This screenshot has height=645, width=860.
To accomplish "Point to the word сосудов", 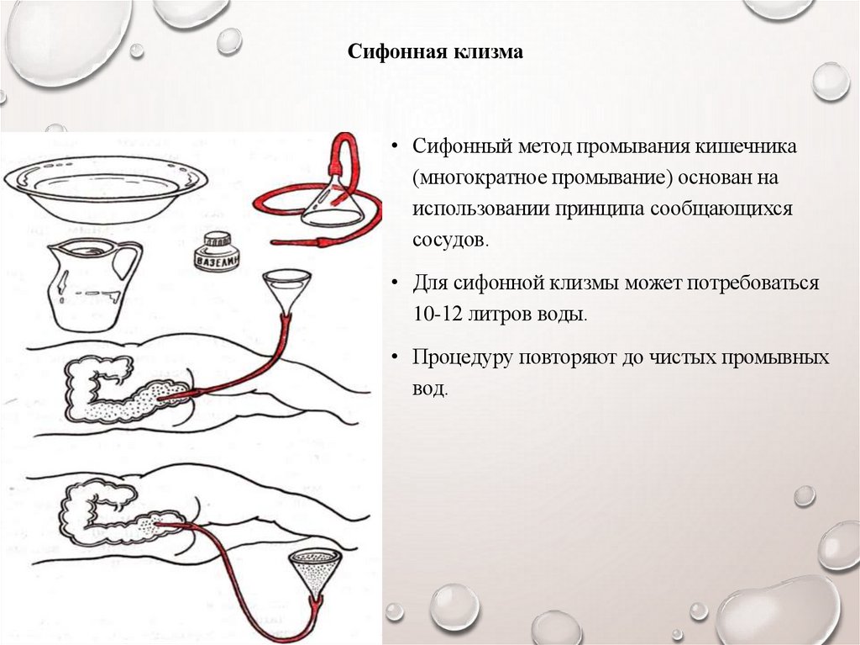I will coord(448,240).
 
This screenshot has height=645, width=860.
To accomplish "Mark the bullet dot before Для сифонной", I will coord(395,284).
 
